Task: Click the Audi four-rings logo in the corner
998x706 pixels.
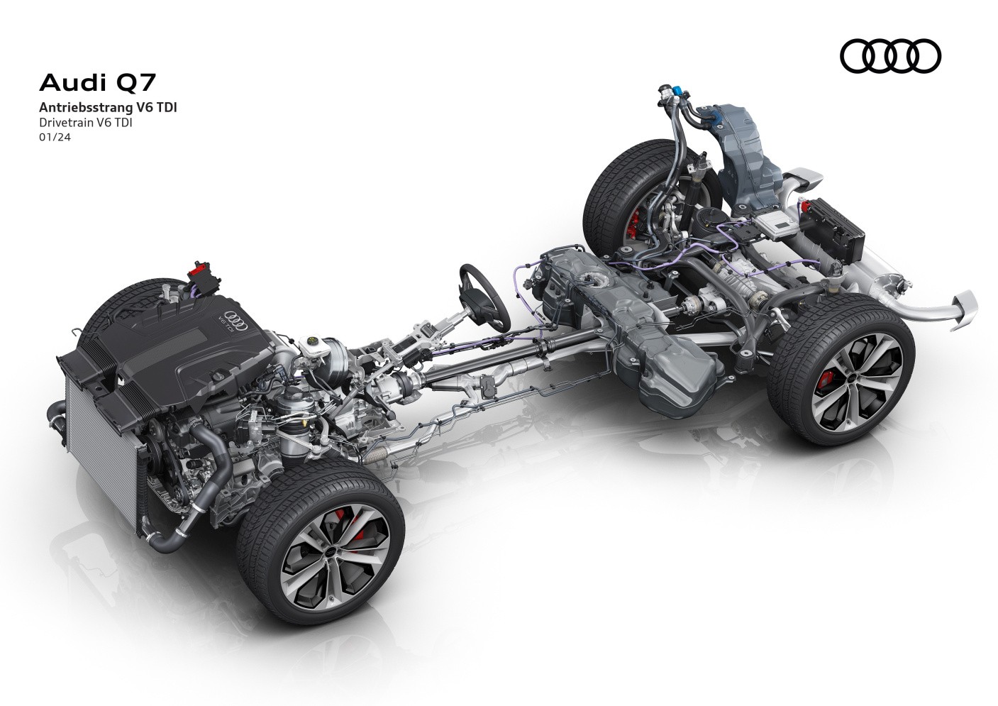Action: click(x=889, y=56)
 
